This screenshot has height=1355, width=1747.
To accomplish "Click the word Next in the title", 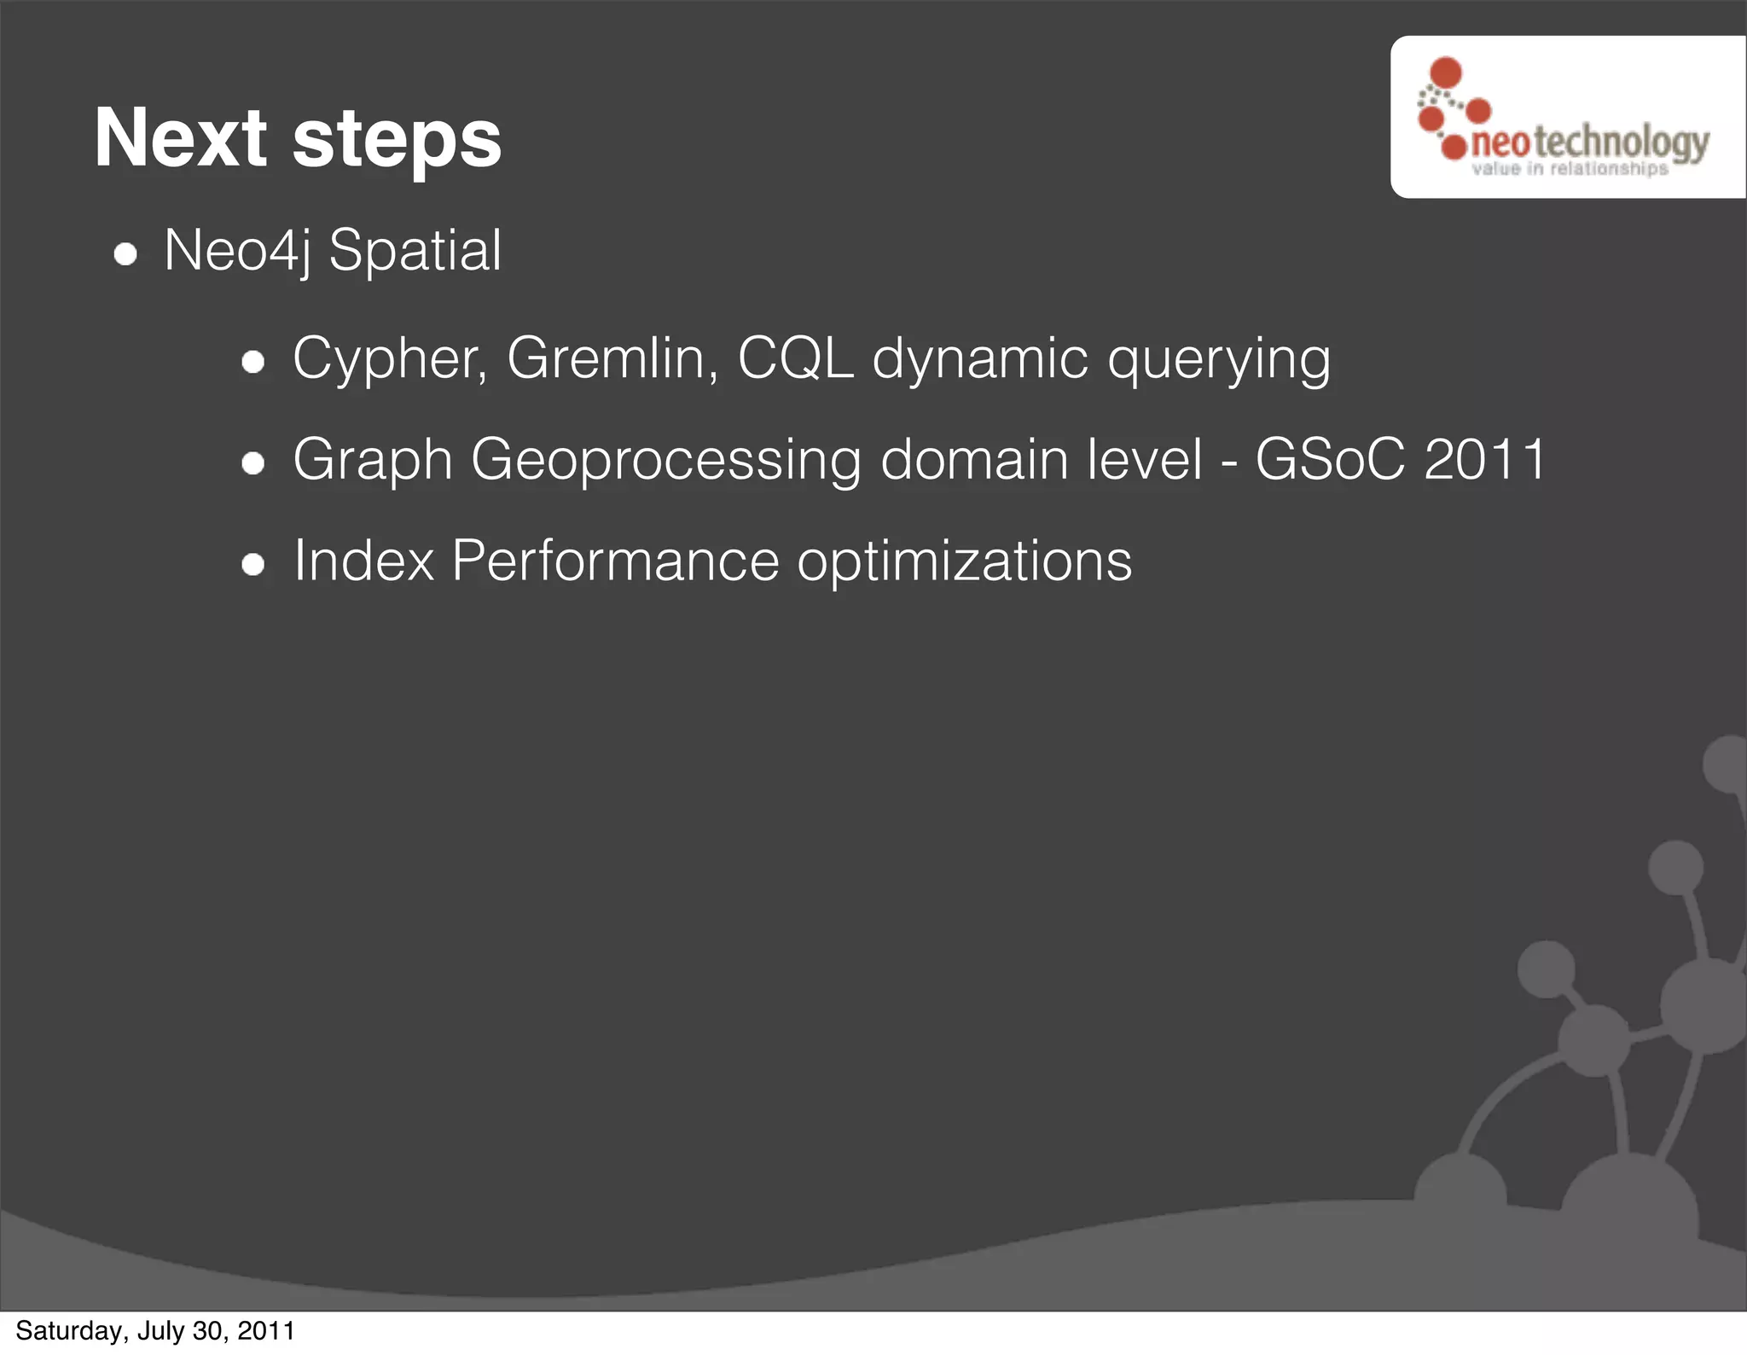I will (181, 138).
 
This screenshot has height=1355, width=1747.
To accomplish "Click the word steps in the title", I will (397, 142).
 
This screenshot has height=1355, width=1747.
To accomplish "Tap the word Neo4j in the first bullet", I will (236, 251).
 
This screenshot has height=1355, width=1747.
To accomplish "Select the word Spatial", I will (415, 251).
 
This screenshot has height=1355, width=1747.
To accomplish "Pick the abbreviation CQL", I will (795, 358).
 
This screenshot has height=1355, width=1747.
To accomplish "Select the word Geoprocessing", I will (665, 461).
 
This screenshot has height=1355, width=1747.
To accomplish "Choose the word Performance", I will (615, 561).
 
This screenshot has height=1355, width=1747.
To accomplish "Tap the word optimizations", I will (964, 562).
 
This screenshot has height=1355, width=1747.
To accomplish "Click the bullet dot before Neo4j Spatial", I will (125, 254).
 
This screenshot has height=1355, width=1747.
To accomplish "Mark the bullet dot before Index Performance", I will (253, 564).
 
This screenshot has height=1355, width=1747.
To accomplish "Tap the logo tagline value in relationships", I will (1570, 169).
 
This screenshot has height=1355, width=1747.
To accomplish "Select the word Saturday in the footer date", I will (71, 1330).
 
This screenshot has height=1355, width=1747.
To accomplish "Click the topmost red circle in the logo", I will (1446, 73).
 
